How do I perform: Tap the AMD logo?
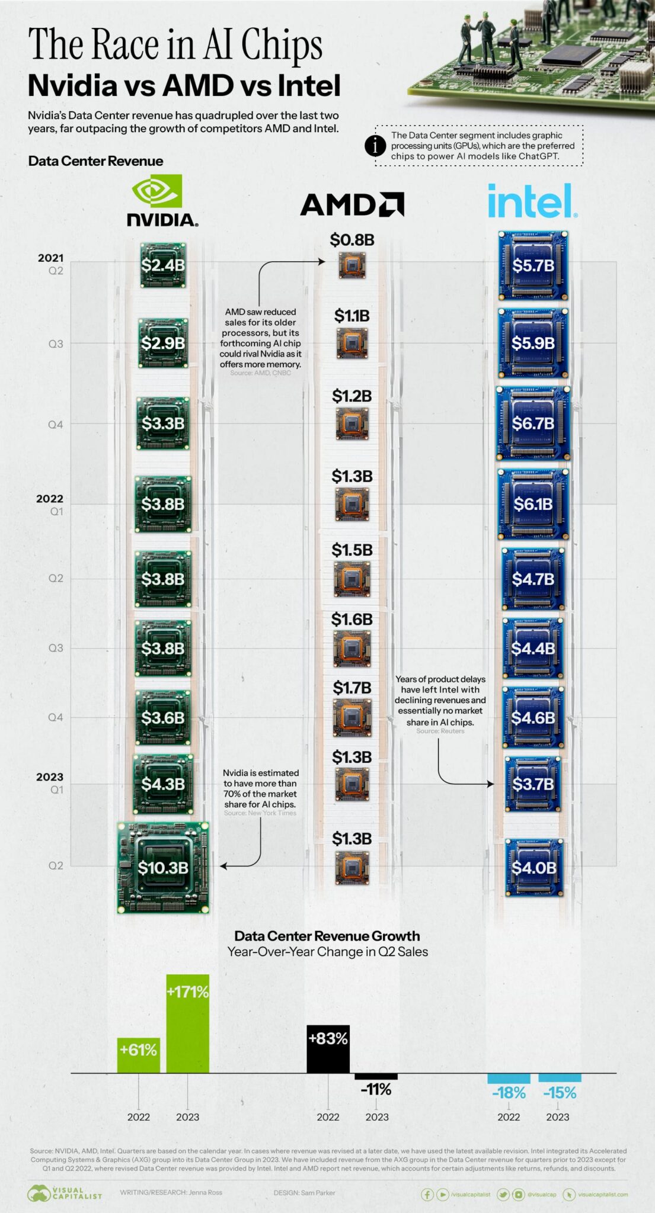[x=352, y=204]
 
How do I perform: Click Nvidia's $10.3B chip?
[x=163, y=867]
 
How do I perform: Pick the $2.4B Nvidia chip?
[x=162, y=265]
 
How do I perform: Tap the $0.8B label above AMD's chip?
[x=352, y=240]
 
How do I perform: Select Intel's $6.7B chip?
[x=533, y=423]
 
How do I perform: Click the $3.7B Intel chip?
[x=533, y=784]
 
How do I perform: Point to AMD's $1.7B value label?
[x=352, y=688]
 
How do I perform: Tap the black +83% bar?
[x=328, y=1048]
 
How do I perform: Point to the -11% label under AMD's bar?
[x=376, y=1089]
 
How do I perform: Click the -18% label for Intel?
[x=509, y=1093]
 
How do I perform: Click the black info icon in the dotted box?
[x=375, y=146]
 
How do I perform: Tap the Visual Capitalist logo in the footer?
[x=65, y=1193]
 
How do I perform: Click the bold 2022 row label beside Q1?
[x=50, y=499]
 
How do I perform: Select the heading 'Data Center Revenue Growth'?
[x=327, y=936]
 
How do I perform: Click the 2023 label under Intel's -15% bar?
[x=557, y=1117]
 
